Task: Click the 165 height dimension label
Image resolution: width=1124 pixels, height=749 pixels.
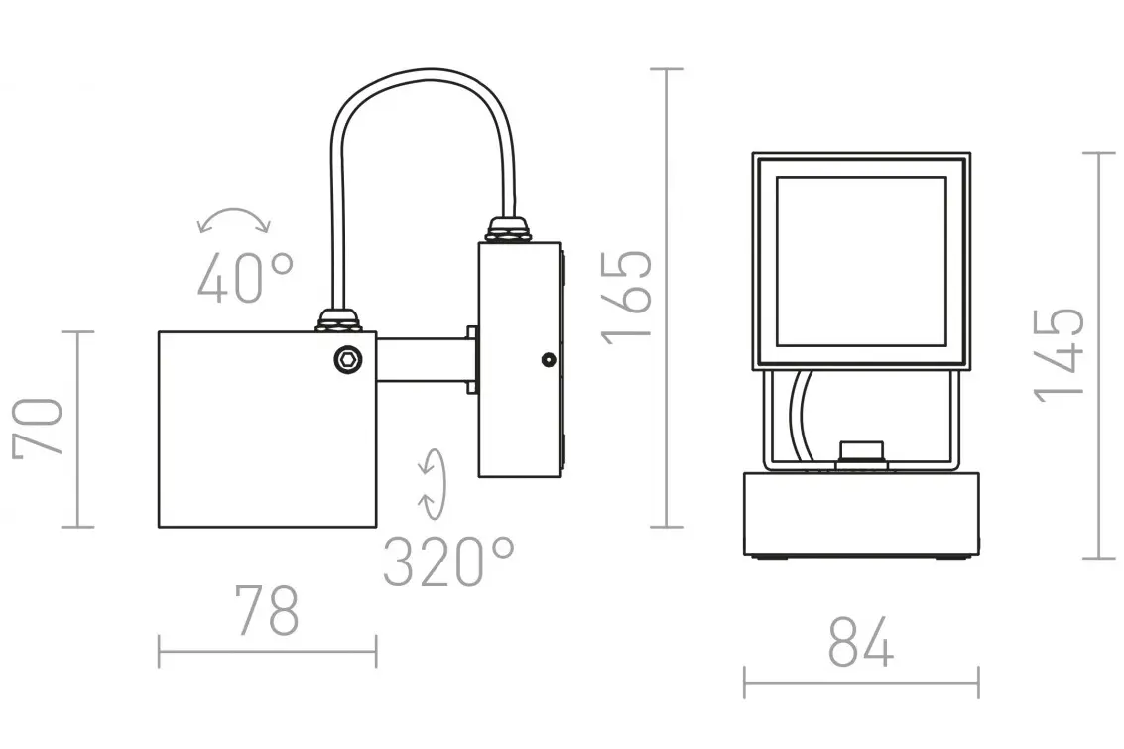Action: click(628, 298)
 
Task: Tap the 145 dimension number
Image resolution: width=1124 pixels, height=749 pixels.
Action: click(1059, 355)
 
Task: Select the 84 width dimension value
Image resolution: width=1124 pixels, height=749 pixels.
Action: click(861, 642)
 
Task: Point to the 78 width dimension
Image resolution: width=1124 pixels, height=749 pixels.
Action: click(268, 611)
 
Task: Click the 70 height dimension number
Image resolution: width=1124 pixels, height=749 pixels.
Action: click(38, 428)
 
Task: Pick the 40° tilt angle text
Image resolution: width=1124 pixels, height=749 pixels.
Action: click(246, 278)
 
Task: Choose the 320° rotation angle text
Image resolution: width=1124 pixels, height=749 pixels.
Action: click(449, 562)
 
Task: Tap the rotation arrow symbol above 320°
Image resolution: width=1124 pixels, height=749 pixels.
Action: click(433, 484)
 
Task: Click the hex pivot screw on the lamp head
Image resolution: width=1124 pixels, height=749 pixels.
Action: click(348, 359)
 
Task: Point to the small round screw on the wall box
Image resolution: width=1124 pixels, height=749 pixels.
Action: click(549, 360)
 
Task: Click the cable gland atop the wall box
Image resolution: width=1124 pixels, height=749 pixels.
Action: click(509, 229)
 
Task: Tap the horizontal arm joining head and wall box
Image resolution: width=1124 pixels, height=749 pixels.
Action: click(423, 360)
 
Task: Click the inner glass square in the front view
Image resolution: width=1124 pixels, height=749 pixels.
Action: click(861, 262)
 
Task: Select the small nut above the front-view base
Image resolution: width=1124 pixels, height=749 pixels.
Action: click(862, 453)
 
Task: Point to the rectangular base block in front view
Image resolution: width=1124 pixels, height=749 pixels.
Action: click(861, 514)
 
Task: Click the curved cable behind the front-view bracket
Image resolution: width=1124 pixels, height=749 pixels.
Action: click(801, 415)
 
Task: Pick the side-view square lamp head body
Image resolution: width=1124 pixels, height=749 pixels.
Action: click(268, 430)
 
